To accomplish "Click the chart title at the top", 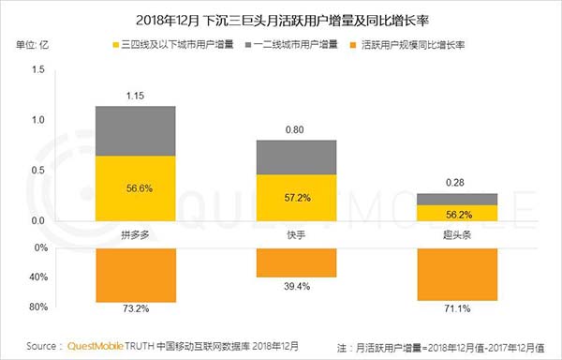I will pos(281,18).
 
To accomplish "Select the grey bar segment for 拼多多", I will pos(136,130).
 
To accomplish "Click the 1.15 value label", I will pos(136,95).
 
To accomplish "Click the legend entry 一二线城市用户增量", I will pos(308,45).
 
